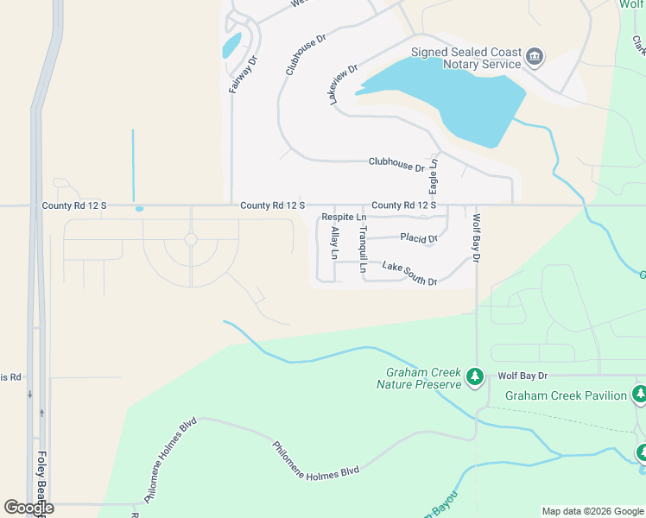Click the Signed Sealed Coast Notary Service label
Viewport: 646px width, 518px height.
[466, 58]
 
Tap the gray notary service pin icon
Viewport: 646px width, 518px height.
[535, 58]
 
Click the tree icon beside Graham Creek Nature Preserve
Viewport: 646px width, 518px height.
[474, 377]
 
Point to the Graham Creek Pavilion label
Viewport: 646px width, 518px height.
[566, 395]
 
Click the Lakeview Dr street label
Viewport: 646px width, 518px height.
[343, 85]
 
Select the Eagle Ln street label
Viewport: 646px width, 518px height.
[434, 175]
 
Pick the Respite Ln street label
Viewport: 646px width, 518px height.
[344, 218]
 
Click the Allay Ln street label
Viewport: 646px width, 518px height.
[334, 243]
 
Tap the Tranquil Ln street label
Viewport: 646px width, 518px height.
[364, 250]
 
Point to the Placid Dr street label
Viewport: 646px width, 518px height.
[420, 238]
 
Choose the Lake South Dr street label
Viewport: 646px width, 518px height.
[409, 275]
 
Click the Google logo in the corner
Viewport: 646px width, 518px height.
[28, 508]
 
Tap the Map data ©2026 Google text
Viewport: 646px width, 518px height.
[592, 511]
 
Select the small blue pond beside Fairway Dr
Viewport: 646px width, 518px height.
[231, 45]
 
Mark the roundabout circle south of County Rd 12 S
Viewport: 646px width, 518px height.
[191, 239]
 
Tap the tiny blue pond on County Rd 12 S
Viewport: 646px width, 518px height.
[139, 208]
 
